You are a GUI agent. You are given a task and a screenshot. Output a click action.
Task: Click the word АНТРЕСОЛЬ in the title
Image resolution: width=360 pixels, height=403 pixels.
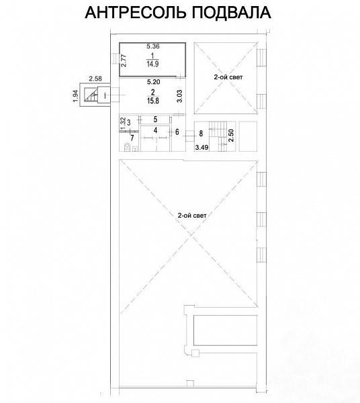[x=136, y=12]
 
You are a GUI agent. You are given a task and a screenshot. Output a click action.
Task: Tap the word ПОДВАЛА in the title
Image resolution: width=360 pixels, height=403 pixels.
[x=231, y=13]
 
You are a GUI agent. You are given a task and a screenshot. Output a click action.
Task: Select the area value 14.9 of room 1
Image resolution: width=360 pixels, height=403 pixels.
[x=152, y=64]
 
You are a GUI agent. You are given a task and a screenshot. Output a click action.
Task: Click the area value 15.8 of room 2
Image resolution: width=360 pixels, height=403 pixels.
[x=153, y=101]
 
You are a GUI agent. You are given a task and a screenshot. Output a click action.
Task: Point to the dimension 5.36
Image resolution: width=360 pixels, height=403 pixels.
[x=153, y=46]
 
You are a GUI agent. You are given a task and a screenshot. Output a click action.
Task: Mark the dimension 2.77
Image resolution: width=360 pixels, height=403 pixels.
[x=124, y=60]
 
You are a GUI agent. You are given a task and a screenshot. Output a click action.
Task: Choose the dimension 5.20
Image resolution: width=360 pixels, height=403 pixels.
[x=153, y=82]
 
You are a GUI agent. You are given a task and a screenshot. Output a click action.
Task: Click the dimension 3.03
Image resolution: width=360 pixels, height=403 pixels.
[x=179, y=96]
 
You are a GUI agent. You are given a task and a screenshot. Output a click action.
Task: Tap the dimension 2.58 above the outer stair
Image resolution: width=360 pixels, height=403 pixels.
[x=95, y=79]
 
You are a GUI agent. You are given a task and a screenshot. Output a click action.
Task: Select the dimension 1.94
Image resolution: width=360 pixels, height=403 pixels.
[x=75, y=96]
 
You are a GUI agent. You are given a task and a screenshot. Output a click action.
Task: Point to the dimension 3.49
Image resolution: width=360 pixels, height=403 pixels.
[x=201, y=148]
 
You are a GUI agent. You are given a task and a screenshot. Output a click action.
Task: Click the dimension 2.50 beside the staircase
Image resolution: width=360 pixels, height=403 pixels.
[x=231, y=136]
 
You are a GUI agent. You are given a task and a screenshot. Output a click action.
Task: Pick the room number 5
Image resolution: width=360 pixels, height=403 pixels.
[x=155, y=120]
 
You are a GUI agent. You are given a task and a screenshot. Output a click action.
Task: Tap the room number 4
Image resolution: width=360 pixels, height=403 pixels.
[x=155, y=130]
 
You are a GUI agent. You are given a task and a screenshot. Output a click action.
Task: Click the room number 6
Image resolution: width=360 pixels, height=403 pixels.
[x=177, y=132]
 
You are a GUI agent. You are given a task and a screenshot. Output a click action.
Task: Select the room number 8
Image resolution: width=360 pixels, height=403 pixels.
[x=201, y=134]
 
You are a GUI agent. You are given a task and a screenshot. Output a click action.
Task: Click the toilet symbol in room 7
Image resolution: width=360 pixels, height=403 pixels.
[x=127, y=147]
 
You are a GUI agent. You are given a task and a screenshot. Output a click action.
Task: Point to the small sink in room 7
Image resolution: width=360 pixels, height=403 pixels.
[x=136, y=148]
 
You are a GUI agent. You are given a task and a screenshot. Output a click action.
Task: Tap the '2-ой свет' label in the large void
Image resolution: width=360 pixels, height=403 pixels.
[x=192, y=216]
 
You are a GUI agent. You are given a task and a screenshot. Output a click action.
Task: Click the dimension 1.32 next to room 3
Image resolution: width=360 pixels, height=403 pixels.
[x=123, y=124]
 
